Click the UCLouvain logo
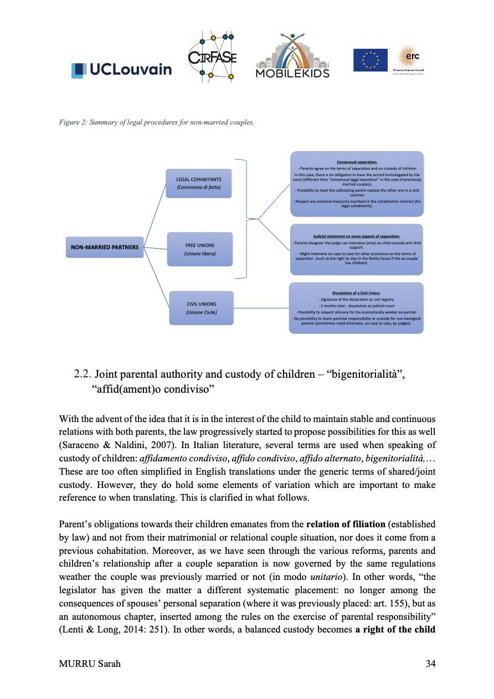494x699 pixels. point(121,69)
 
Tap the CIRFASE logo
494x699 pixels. point(212,56)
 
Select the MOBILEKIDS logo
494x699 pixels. point(292,56)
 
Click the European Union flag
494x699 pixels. point(370,60)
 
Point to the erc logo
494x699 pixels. point(413,60)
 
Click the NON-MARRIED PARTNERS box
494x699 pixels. point(104,247)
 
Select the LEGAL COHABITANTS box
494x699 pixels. point(198,183)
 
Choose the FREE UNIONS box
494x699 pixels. point(199,249)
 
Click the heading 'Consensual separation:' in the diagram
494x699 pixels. point(357,162)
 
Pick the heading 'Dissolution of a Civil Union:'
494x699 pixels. point(356,294)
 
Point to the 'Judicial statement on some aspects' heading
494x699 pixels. point(356,237)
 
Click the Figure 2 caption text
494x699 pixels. point(156,122)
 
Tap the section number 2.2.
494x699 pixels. point(83,374)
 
